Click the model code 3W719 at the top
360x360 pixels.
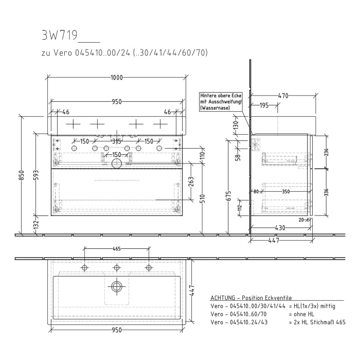coord(59,35)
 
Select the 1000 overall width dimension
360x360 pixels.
coord(117,78)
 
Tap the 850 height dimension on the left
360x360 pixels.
coord(22,175)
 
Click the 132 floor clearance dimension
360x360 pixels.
coord(35,225)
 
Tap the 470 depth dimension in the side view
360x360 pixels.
coord(282,96)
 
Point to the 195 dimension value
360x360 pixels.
coord(264,105)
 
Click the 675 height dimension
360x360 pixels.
coord(229,196)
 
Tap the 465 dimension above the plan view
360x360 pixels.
coord(116,249)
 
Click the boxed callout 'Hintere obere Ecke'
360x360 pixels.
coord(221,101)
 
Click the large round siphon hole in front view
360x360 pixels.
coord(117,164)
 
